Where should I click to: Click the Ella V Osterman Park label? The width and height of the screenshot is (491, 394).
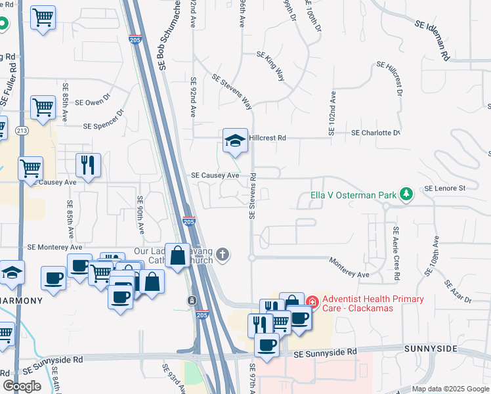354,196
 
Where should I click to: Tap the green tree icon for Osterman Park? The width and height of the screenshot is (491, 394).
408,194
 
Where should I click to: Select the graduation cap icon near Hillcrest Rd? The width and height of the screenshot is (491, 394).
235,141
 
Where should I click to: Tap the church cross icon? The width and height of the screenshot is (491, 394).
223,254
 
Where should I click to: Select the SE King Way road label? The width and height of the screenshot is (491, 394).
270,66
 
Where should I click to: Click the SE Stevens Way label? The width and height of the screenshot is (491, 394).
232,91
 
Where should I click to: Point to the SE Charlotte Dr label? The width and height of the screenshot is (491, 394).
375,133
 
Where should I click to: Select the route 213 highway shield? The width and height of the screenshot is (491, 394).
22,130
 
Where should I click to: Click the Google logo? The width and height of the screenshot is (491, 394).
22,386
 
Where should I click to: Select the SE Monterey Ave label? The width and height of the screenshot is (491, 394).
54,248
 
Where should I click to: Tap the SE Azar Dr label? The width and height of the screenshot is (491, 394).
458,292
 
